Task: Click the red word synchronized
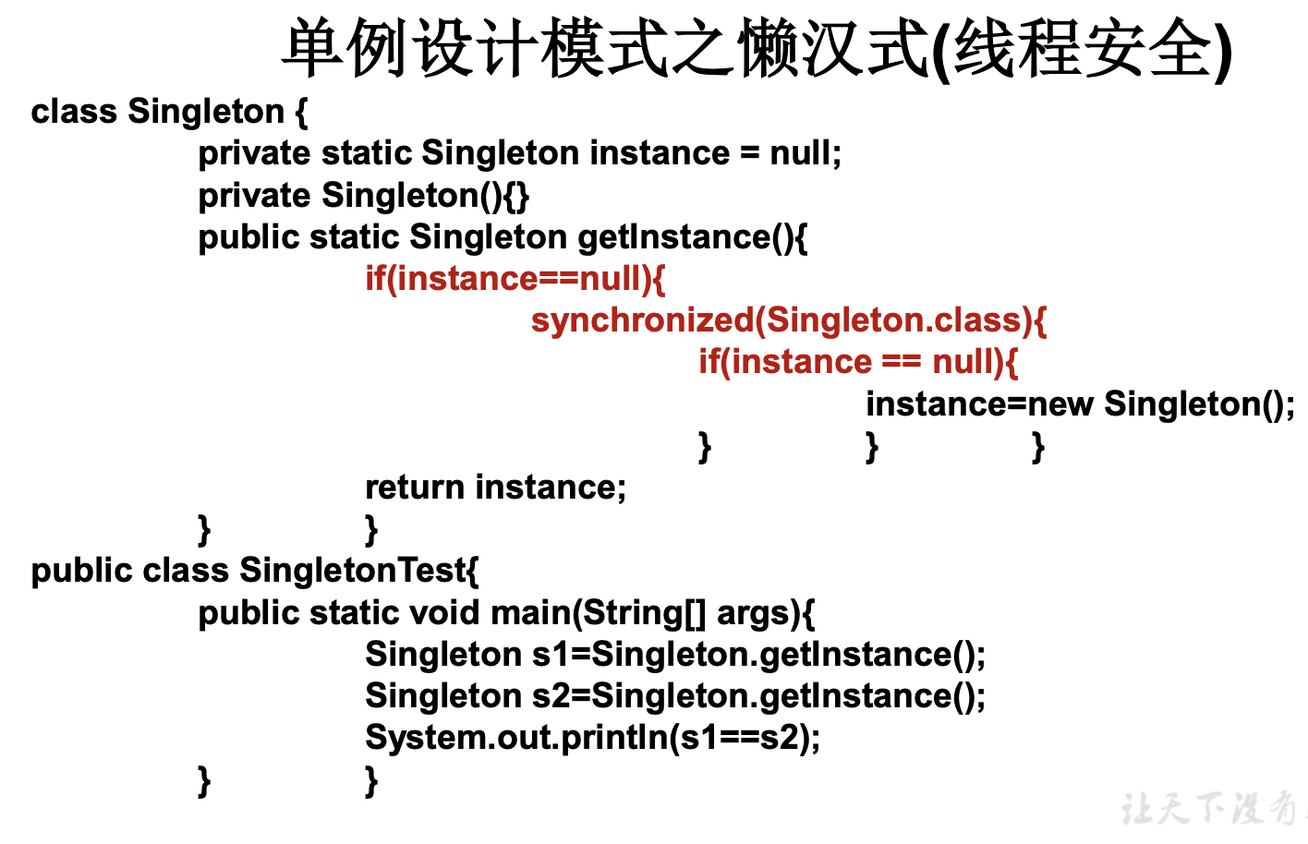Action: pyautogui.click(x=643, y=320)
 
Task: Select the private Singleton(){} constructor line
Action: pyautogui.click(x=363, y=196)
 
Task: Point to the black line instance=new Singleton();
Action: pyautogui.click(x=1080, y=404)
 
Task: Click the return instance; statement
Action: pyautogui.click(x=495, y=488)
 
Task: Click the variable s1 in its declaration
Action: pyautogui.click(x=551, y=655)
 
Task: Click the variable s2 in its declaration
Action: pyautogui.click(x=551, y=696)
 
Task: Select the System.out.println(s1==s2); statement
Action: pyautogui.click(x=592, y=738)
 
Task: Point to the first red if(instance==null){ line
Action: pyautogui.click(x=515, y=279)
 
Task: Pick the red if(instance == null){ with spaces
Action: pyautogui.click(x=858, y=362)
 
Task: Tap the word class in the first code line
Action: pyautogui.click(x=74, y=112)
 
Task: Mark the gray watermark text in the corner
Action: pyautogui.click(x=1210, y=809)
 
